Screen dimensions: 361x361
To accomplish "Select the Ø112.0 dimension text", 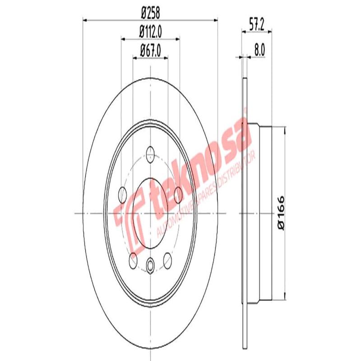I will click(150, 32).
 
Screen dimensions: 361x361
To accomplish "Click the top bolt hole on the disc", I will click(150, 155).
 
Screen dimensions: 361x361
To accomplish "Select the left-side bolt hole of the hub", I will click(122, 195).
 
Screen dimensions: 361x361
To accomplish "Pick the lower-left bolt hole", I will click(133, 259).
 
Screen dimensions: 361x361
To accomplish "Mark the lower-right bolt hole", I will click(167, 259).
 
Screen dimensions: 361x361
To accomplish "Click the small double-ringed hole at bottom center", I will click(150, 264).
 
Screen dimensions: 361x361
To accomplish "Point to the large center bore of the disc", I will click(150, 212).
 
